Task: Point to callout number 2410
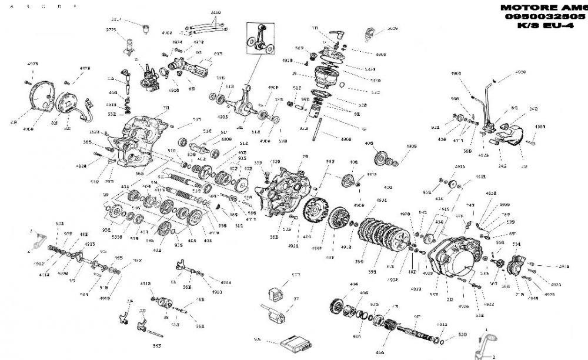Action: pos(215,12)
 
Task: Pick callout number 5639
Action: pos(392,28)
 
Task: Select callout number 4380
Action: pos(540,126)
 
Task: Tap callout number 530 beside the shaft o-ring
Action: pos(462,334)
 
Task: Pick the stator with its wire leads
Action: pos(71,103)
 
